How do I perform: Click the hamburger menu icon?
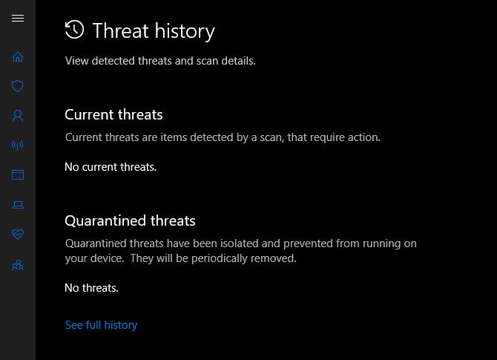click(x=18, y=19)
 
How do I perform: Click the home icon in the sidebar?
click(x=18, y=56)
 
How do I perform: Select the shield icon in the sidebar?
click(x=18, y=86)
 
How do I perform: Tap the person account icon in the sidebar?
click(x=18, y=116)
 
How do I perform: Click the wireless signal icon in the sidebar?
click(x=18, y=145)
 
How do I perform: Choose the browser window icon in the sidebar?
click(x=18, y=175)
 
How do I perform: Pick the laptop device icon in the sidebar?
click(x=18, y=205)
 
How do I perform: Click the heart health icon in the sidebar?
click(x=18, y=235)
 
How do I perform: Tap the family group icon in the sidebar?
click(x=18, y=265)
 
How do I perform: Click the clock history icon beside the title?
click(x=74, y=30)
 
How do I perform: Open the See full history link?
click(x=101, y=325)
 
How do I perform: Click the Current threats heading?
click(x=113, y=115)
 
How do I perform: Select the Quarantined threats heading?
click(x=130, y=221)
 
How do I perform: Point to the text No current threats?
click(x=111, y=167)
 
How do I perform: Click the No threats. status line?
click(x=91, y=288)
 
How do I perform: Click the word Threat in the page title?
click(x=120, y=31)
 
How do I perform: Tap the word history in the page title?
click(x=185, y=31)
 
